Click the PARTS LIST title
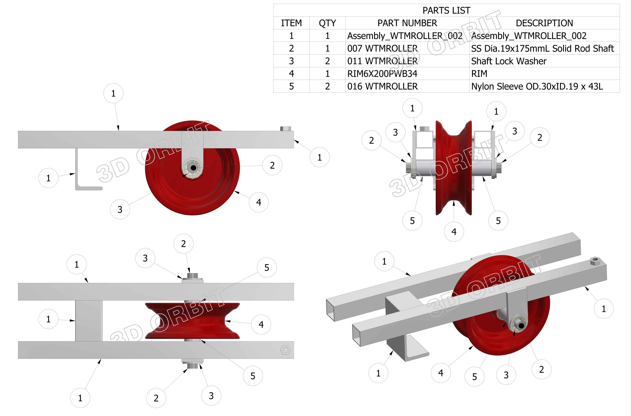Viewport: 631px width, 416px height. (446, 10)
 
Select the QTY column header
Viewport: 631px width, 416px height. (327, 23)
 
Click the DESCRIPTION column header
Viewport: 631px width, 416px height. (544, 23)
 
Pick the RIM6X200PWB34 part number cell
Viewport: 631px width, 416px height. (382, 73)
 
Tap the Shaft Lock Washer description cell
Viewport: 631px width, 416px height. (509, 61)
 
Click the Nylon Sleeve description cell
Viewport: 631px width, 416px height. (537, 86)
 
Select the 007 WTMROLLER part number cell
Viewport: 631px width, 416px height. (382, 48)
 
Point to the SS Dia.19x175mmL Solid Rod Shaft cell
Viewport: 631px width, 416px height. (542, 48)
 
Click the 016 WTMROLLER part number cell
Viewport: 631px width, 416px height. (382, 86)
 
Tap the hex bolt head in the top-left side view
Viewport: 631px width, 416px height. (285, 129)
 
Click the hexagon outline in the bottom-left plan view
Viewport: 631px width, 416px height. (285, 350)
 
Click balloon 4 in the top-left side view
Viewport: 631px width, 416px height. (259, 202)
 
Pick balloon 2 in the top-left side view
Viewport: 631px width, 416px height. (272, 165)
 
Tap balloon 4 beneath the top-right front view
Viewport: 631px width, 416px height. (454, 232)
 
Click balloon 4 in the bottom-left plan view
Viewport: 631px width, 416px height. (261, 324)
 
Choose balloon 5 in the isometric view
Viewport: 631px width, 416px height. (474, 377)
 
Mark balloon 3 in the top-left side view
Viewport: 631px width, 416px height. (120, 209)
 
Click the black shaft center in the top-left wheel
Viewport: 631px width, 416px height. (193, 168)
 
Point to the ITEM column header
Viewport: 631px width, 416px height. (291, 23)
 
